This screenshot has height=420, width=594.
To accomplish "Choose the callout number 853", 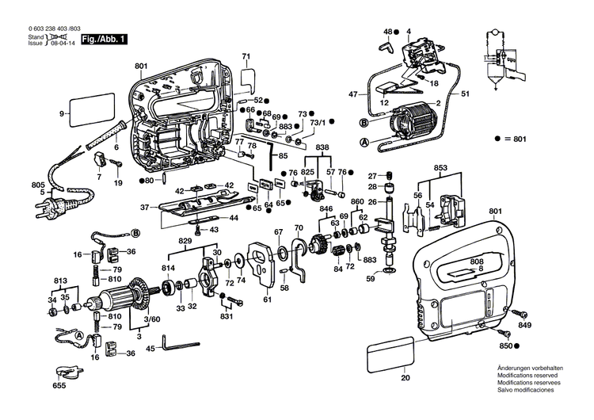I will [441, 168].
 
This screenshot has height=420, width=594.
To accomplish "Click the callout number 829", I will [185, 240].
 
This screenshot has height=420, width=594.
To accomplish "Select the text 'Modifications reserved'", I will [530, 376].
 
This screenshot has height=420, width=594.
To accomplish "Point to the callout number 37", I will [144, 208].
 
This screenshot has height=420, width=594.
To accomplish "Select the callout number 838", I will [322, 148].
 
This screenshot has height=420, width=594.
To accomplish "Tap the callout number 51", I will [466, 94].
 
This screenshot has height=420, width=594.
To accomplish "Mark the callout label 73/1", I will [318, 123].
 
